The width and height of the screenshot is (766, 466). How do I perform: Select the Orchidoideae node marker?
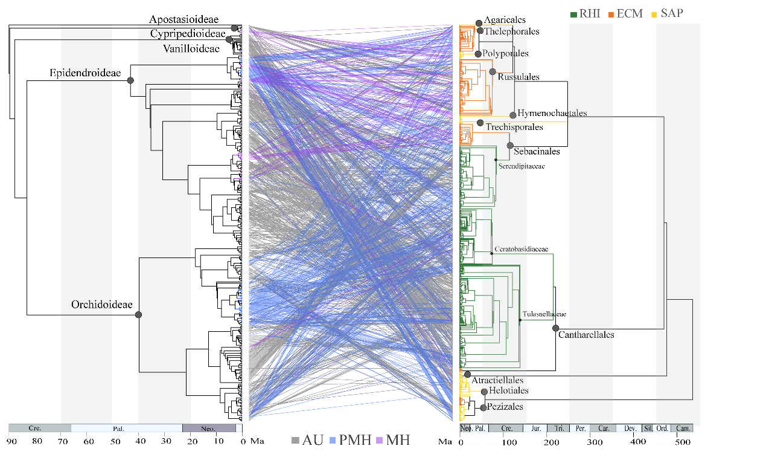click(138, 315)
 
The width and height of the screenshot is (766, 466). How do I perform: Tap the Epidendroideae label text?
click(85, 73)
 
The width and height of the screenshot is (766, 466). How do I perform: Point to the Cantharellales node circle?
click(555, 328)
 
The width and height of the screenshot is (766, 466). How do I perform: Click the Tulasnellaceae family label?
click(543, 314)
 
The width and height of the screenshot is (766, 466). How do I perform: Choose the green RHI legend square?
click(574, 13)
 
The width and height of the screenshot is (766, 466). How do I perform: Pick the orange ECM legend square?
click(611, 13)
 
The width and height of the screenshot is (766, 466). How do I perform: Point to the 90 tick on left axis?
click(11, 442)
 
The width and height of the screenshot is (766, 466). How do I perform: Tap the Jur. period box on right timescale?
click(535, 428)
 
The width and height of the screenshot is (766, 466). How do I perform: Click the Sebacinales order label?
click(541, 151)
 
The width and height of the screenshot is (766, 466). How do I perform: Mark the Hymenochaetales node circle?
click(513, 115)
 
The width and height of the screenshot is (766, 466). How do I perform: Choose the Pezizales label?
click(505, 407)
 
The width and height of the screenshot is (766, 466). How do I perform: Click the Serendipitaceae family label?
click(522, 166)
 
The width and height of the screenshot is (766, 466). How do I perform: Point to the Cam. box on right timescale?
click(683, 428)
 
